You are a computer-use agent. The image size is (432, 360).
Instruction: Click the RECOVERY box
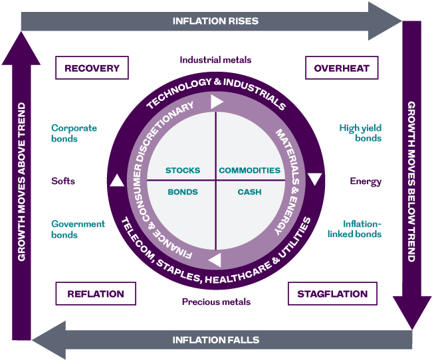[92, 68]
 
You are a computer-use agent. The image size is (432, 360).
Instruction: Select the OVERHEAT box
[337, 68]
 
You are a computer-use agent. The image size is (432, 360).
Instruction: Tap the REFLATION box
[95, 294]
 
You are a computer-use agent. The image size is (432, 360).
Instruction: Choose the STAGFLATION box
[332, 294]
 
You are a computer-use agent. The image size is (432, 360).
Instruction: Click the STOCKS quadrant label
[183, 171]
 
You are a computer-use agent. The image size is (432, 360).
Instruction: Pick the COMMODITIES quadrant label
[250, 171]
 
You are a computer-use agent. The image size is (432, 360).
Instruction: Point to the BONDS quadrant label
[183, 192]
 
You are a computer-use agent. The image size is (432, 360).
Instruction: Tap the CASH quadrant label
[249, 192]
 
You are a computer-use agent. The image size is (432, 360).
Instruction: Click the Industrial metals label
[215, 60]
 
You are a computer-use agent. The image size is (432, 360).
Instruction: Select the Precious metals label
[216, 302]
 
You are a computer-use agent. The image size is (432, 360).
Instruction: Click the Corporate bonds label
[74, 134]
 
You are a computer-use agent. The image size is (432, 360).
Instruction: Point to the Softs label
[63, 181]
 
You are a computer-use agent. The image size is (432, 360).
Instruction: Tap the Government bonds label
[78, 229]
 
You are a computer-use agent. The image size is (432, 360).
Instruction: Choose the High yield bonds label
[360, 134]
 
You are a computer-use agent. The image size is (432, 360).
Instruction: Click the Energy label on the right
[366, 181]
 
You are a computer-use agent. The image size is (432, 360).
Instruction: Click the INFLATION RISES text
[215, 21]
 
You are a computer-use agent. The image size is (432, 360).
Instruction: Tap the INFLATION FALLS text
[215, 340]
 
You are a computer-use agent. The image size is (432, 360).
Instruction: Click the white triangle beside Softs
[116, 181]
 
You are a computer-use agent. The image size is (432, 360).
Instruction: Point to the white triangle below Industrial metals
[217, 102]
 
